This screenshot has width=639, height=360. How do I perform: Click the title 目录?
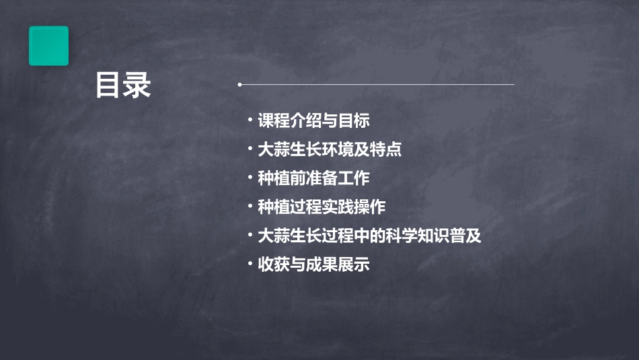tap(123, 85)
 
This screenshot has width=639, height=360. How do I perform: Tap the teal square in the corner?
tap(48, 46)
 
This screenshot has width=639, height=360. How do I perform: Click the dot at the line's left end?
tap(239, 85)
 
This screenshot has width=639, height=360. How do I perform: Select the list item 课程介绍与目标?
tap(313, 121)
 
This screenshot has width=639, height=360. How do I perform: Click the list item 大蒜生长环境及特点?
tap(330, 149)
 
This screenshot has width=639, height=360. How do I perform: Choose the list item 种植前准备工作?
tap(313, 178)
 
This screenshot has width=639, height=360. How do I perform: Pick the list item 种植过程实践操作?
tap(322, 207)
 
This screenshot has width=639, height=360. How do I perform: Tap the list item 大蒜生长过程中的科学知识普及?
tap(369, 236)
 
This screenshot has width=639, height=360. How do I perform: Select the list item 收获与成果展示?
tap(313, 265)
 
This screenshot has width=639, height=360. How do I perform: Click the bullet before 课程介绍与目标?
tap(250, 120)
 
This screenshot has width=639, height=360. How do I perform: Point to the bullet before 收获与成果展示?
tap(250, 264)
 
